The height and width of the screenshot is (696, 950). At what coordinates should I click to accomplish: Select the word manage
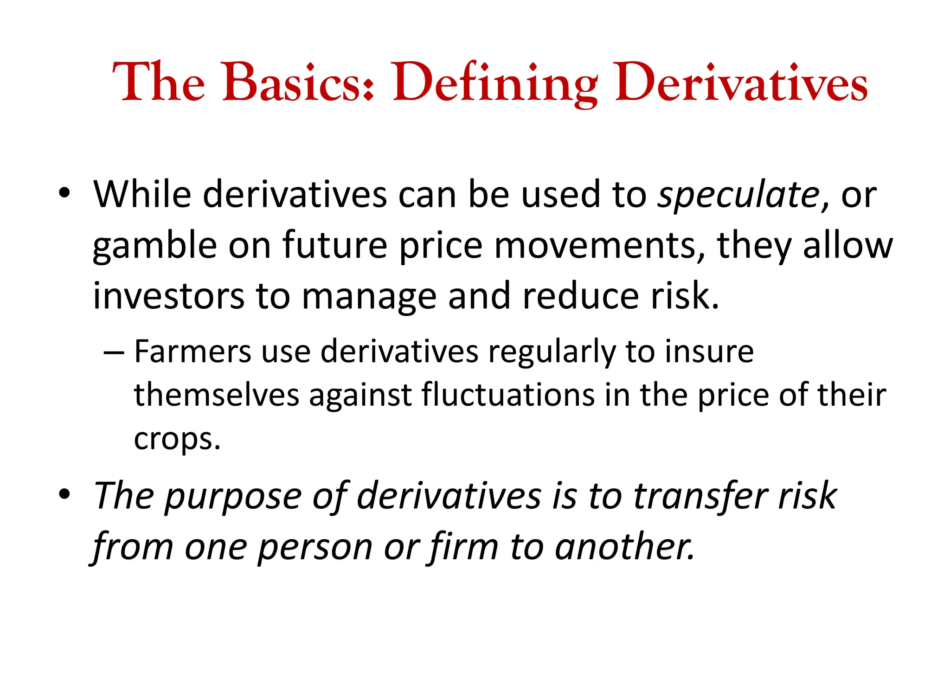click(369, 297)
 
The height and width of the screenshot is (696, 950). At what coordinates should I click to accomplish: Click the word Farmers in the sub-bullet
click(192, 351)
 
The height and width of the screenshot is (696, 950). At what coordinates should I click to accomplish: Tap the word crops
click(176, 440)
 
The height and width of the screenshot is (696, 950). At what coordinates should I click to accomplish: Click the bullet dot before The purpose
click(64, 494)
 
